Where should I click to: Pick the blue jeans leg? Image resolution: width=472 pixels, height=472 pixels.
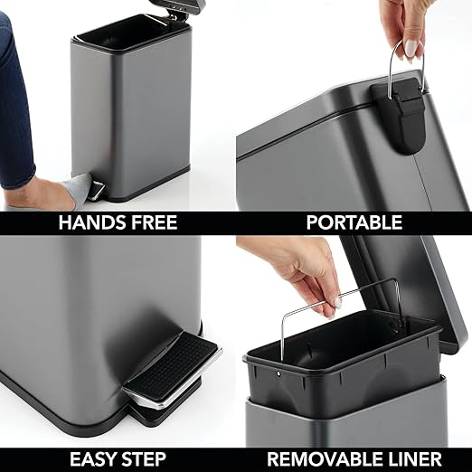[18, 99]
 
